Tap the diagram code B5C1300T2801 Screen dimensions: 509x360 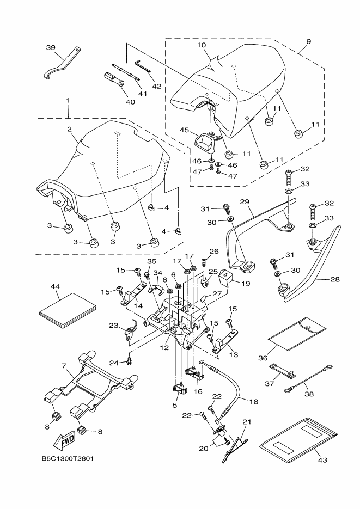[68, 458]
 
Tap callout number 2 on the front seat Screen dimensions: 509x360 [70, 129]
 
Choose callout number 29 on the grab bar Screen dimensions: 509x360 [245, 202]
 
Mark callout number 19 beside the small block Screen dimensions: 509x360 [246, 284]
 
